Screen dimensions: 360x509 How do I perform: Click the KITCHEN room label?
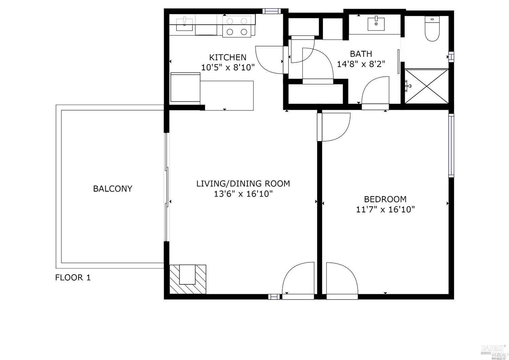pyautogui.click(x=227, y=57)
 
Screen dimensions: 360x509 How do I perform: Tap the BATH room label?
pyautogui.click(x=361, y=54)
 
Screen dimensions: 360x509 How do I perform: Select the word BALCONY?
pyautogui.click(x=113, y=188)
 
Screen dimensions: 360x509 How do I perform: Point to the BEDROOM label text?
pyautogui.click(x=385, y=199)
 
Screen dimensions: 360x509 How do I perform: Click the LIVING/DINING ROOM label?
pyautogui.click(x=243, y=184)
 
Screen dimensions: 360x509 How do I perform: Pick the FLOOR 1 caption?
pyautogui.click(x=73, y=277)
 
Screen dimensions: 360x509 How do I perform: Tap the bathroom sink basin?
pyautogui.click(x=376, y=24)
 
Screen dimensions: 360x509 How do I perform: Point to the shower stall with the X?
pyautogui.click(x=427, y=86)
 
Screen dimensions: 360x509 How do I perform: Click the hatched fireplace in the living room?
pyautogui.click(x=188, y=279)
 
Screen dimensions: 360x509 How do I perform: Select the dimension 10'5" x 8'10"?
pyautogui.click(x=228, y=67)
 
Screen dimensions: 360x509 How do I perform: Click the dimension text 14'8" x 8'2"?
pyautogui.click(x=361, y=64)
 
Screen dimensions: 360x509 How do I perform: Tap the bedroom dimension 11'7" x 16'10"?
pyautogui.click(x=385, y=209)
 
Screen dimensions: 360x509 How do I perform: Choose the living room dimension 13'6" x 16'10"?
pyautogui.click(x=243, y=194)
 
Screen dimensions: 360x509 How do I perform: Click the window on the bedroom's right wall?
pyautogui.click(x=451, y=145)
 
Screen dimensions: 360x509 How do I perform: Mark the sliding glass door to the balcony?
pyautogui.click(x=166, y=187)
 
